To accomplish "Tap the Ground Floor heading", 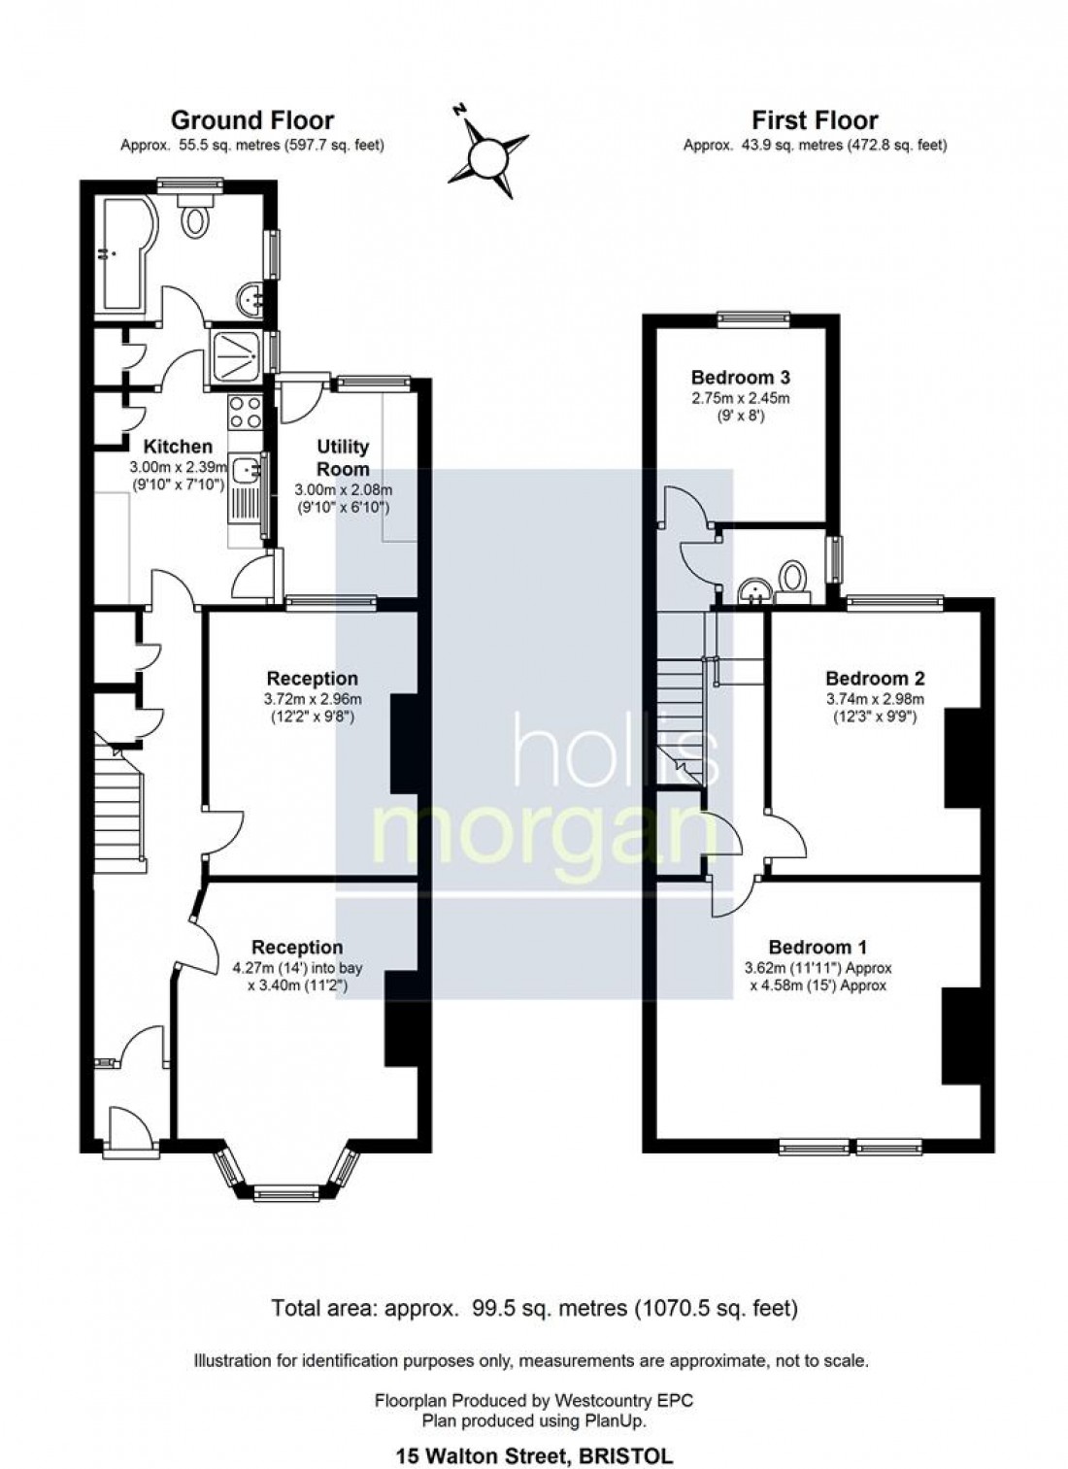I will [252, 120].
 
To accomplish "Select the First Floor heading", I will [815, 120].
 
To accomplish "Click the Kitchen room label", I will [178, 447].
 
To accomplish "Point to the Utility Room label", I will [344, 457].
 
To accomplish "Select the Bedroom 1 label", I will [818, 947].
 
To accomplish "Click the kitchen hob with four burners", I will [244, 413].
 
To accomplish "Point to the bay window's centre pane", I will [285, 1190].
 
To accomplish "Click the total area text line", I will [534, 1309].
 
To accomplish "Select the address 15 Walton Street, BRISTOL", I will [534, 1456].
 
